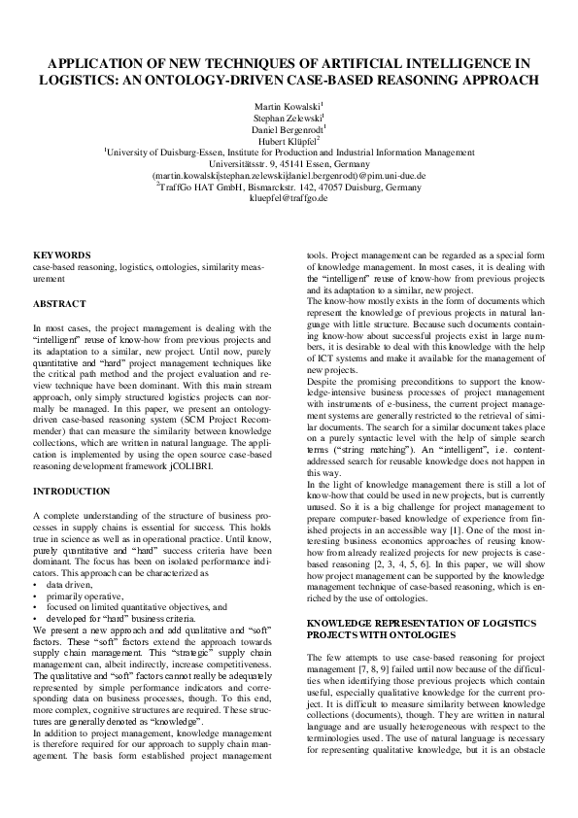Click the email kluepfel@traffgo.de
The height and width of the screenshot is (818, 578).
click(289, 198)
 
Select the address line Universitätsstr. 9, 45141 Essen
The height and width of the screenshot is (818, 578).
click(289, 163)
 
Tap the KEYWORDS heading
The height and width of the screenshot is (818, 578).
click(62, 255)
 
